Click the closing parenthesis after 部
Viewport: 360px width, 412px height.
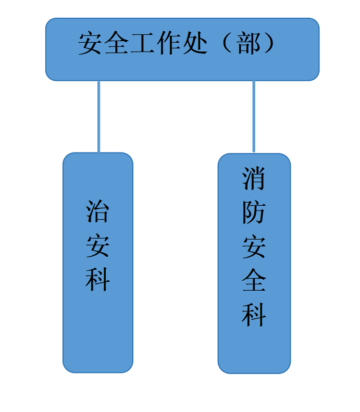click(269, 44)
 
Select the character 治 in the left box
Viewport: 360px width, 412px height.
click(97, 212)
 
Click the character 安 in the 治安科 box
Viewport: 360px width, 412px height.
click(97, 245)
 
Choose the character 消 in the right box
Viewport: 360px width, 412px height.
click(254, 179)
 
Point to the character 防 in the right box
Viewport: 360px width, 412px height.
click(254, 213)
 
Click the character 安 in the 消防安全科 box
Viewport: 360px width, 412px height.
click(254, 246)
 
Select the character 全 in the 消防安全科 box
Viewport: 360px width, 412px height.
click(254, 280)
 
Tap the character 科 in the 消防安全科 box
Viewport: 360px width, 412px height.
click(254, 314)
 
